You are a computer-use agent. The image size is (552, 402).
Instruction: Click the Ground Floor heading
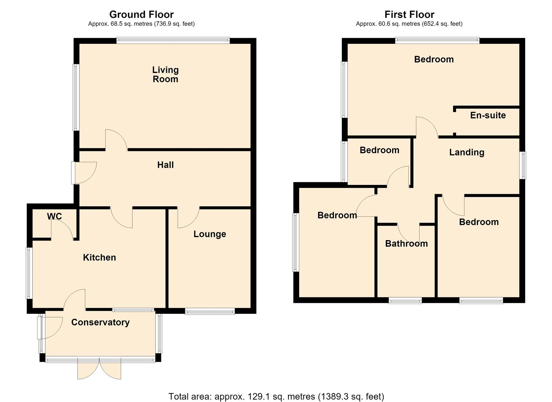click(142, 15)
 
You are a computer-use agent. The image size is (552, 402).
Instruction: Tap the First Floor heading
click(409, 15)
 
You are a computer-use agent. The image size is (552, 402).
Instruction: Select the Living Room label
click(165, 74)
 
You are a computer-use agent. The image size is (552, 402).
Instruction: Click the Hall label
click(165, 165)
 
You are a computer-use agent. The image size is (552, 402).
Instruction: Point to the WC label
click(55, 216)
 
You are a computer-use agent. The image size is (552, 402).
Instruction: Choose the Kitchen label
click(99, 257)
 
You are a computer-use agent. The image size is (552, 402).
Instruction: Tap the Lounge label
click(210, 234)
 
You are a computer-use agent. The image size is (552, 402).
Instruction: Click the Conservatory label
click(100, 322)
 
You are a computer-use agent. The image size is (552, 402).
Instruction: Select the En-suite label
click(488, 115)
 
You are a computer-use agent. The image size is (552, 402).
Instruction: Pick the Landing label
click(467, 152)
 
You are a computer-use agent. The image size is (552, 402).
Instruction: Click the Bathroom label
click(406, 243)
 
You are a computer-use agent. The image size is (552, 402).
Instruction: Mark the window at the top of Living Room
click(173, 41)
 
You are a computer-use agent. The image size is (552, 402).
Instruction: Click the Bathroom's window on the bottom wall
click(405, 300)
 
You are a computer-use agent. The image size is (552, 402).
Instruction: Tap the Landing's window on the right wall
click(523, 165)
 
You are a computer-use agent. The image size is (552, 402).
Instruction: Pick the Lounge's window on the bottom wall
click(210, 311)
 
